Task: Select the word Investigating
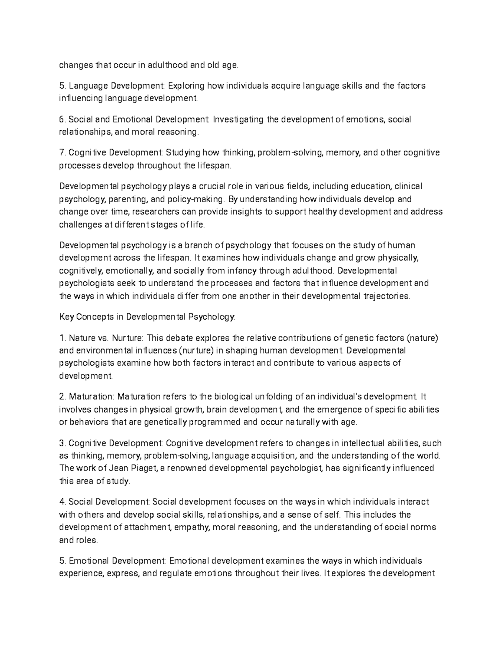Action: coord(238,120)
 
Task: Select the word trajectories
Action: coord(387,296)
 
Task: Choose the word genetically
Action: coord(165,422)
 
